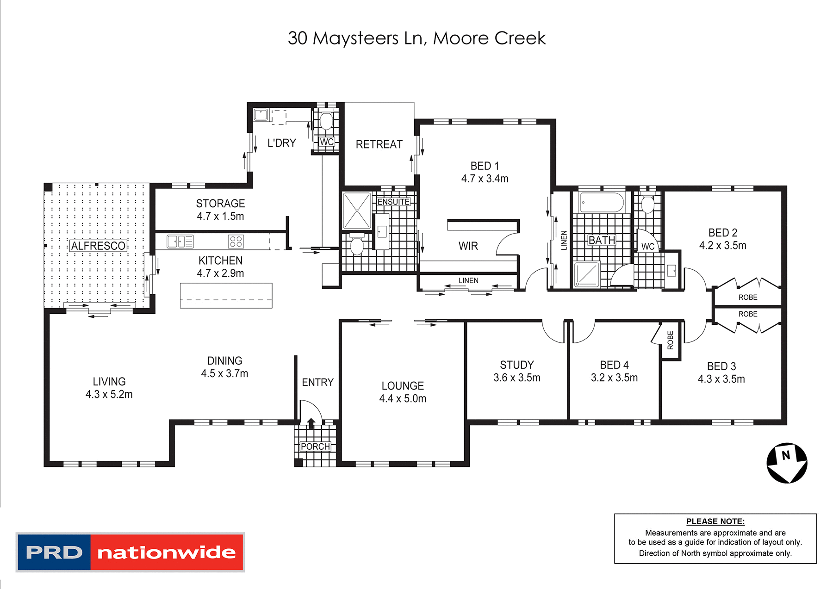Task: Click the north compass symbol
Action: point(787,463)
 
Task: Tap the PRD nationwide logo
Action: point(130,552)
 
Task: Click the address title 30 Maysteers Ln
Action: point(416,38)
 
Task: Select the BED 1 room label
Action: point(485,166)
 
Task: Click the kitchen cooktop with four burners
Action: point(236,241)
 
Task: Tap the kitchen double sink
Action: point(180,241)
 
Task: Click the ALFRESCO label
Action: point(98,246)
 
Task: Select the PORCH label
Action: point(315,446)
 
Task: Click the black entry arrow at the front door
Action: point(311,422)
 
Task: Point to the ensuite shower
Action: point(357,211)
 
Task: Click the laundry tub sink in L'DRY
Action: point(261,114)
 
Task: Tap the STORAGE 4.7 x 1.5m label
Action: point(220,210)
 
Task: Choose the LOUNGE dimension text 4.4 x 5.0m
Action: point(403,399)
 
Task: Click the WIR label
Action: point(468,246)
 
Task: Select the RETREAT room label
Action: point(379,144)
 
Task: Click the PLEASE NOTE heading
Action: point(715,521)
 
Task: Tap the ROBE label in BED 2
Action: point(748,298)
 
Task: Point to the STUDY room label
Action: point(517,365)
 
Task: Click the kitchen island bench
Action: point(226,296)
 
